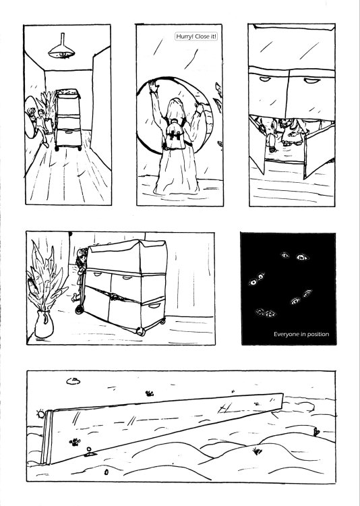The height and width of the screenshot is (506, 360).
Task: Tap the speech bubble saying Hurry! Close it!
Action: (x=196, y=36)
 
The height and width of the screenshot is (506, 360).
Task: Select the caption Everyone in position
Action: (x=301, y=334)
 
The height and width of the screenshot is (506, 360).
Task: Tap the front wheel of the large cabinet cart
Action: (x=142, y=331)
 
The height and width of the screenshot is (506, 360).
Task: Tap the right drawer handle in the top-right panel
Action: (x=309, y=80)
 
